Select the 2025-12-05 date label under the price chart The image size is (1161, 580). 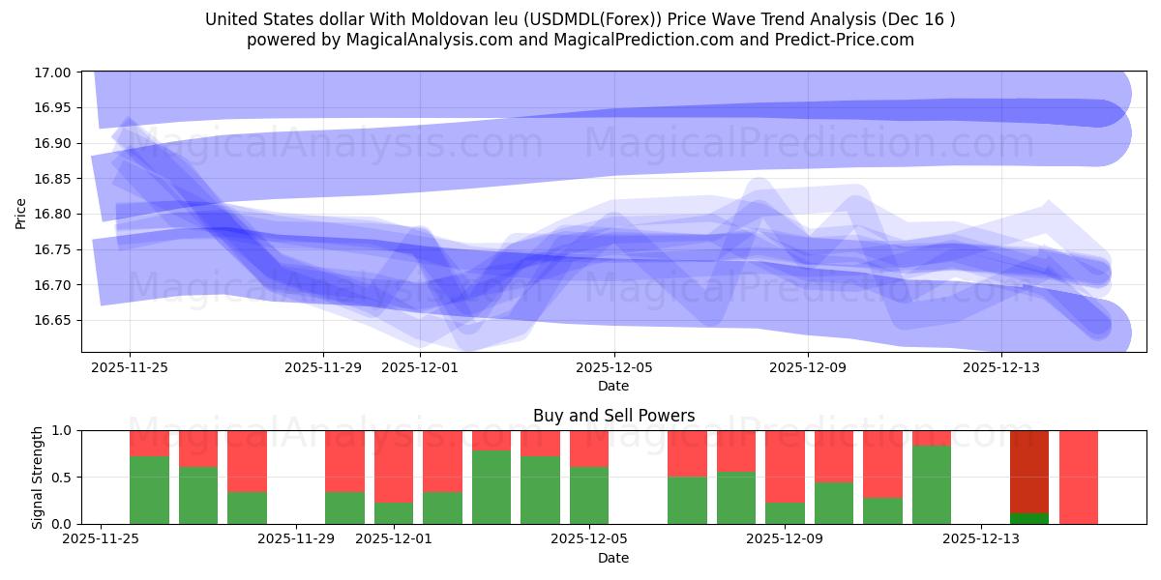[613, 367]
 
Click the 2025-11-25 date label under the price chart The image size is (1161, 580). [130, 367]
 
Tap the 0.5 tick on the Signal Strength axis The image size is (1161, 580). [64, 478]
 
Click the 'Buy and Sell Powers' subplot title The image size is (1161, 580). [613, 417]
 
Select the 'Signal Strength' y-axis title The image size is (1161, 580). [38, 477]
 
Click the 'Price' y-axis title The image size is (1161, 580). [21, 213]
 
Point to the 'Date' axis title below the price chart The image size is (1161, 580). [613, 386]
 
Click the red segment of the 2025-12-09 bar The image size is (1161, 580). [785, 466]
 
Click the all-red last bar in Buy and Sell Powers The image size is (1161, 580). [1078, 477]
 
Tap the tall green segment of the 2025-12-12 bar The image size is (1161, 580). [932, 484]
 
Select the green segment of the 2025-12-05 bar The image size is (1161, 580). [589, 495]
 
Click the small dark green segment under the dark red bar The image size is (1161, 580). [1029, 518]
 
